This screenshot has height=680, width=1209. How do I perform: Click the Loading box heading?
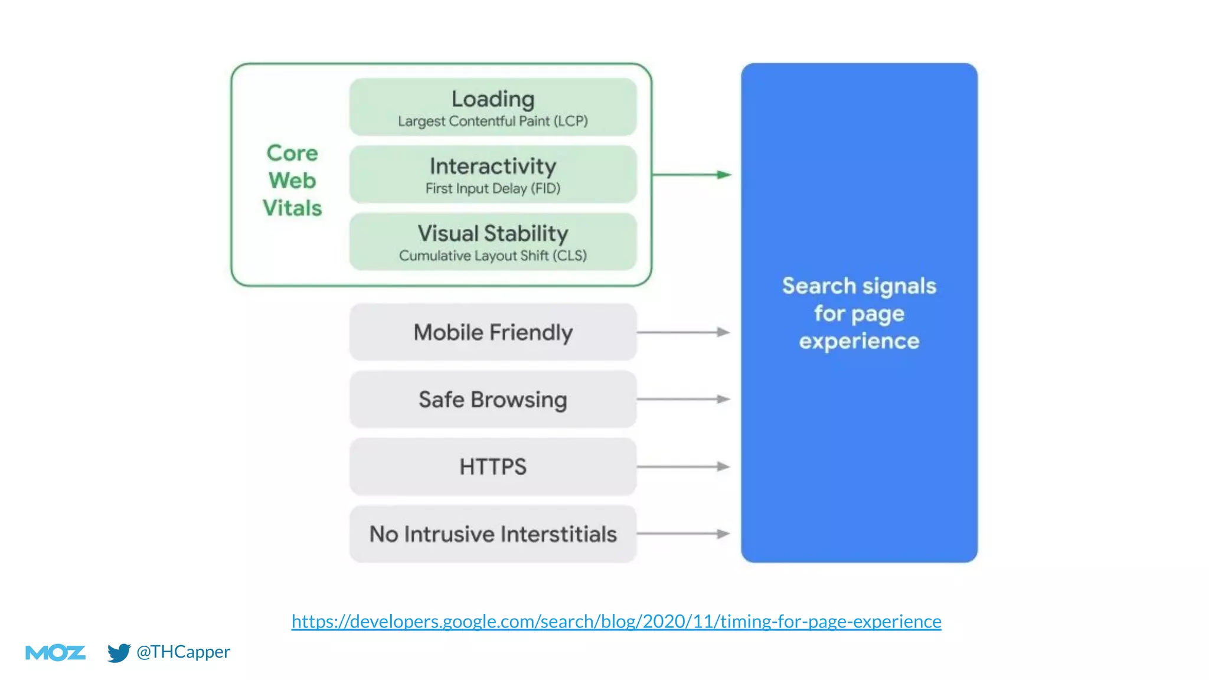click(x=493, y=99)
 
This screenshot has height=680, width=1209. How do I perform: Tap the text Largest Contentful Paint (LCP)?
click(x=493, y=121)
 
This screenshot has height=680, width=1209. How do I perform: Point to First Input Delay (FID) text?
click(x=493, y=188)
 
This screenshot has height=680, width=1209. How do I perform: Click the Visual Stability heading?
click(x=493, y=233)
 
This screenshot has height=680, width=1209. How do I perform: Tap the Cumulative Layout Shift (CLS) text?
click(x=493, y=256)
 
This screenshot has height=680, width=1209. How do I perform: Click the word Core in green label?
click(x=292, y=153)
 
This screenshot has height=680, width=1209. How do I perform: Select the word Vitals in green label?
click(x=292, y=208)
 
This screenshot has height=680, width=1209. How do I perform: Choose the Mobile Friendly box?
click(x=493, y=332)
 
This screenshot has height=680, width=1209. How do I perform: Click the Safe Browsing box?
click(x=493, y=400)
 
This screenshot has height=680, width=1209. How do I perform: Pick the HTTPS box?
click(x=493, y=467)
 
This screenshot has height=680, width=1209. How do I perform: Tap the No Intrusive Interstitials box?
click(x=493, y=534)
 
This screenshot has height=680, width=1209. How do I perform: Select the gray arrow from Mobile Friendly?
click(x=684, y=332)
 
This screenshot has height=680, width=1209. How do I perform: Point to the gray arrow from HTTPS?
click(x=684, y=466)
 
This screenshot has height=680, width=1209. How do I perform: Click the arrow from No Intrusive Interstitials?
click(x=684, y=534)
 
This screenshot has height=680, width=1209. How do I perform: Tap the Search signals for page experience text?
click(x=859, y=313)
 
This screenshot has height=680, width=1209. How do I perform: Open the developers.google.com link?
click(x=616, y=622)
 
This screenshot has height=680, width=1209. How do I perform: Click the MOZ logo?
click(x=55, y=652)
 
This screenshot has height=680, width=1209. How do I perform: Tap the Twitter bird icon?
click(x=119, y=652)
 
